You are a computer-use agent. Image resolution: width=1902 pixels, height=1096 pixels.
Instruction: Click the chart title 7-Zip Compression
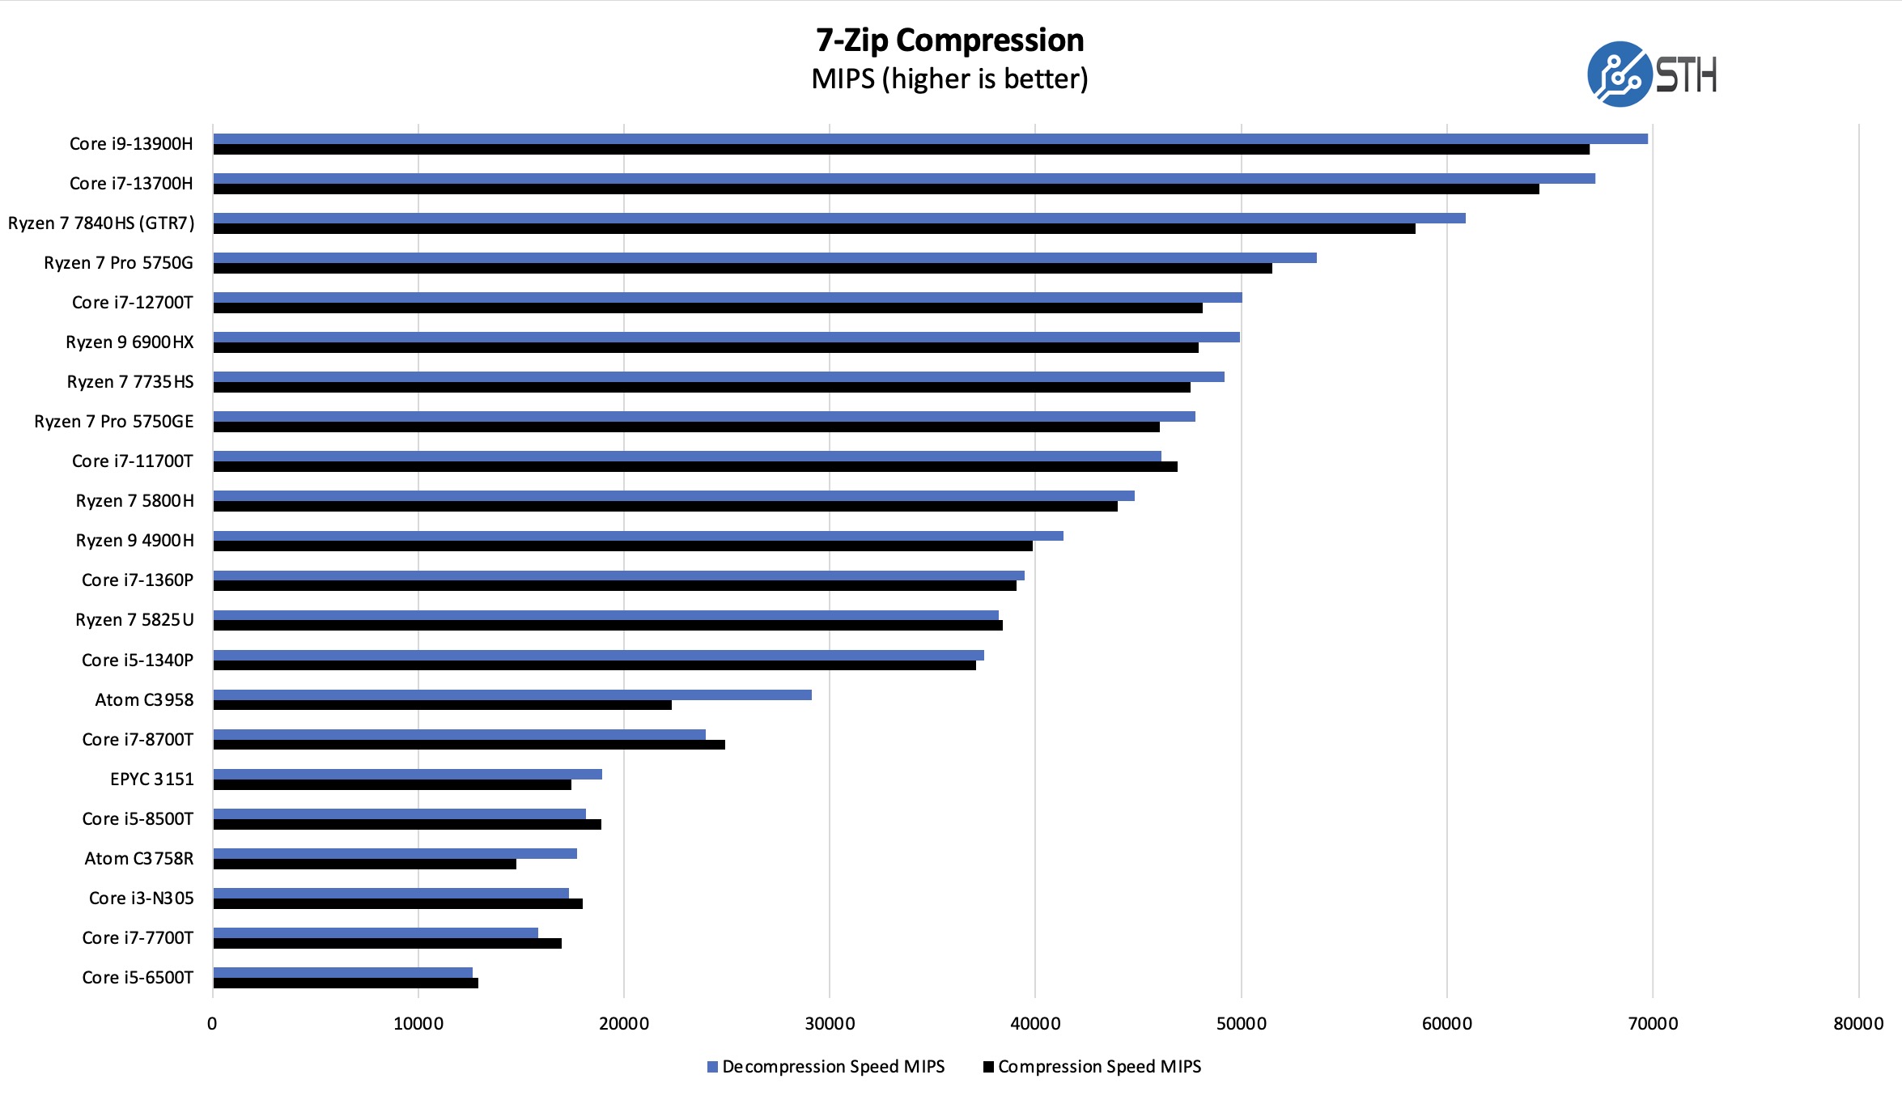(949, 40)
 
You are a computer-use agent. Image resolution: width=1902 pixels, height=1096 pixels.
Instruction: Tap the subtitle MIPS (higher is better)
(949, 79)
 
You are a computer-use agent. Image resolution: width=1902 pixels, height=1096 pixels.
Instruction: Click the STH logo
(1651, 74)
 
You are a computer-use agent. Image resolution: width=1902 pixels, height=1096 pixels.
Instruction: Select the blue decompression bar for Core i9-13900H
(930, 138)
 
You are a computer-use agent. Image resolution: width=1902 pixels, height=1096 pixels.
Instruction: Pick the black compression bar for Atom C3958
(442, 705)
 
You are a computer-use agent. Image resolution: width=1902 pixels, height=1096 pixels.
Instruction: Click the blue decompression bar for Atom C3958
(512, 695)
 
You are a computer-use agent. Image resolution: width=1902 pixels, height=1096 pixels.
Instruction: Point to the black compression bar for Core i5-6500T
(346, 983)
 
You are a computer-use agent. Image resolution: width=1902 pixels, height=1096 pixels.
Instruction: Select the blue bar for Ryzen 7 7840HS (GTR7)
(838, 218)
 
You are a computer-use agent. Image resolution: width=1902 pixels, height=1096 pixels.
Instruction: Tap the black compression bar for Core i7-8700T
(469, 745)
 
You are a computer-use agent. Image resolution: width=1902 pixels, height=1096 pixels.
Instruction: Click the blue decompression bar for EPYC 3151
(407, 774)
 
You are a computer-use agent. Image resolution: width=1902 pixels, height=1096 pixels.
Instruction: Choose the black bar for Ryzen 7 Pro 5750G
(742, 268)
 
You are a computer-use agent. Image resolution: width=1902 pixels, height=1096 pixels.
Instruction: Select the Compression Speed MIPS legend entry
(1092, 1067)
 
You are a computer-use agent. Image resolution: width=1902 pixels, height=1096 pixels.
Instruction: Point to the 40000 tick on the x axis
(1035, 1024)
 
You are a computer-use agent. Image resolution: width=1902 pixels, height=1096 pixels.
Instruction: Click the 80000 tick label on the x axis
(1858, 1024)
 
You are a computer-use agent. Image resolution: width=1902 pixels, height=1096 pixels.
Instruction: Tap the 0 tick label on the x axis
(212, 1024)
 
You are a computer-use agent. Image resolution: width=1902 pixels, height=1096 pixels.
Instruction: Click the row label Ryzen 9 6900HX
(129, 342)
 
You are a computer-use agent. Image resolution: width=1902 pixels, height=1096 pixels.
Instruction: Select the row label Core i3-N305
(141, 898)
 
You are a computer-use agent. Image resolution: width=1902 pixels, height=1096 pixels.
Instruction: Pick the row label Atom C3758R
(139, 858)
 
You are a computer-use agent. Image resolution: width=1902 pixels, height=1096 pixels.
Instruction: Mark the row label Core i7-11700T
(133, 461)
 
